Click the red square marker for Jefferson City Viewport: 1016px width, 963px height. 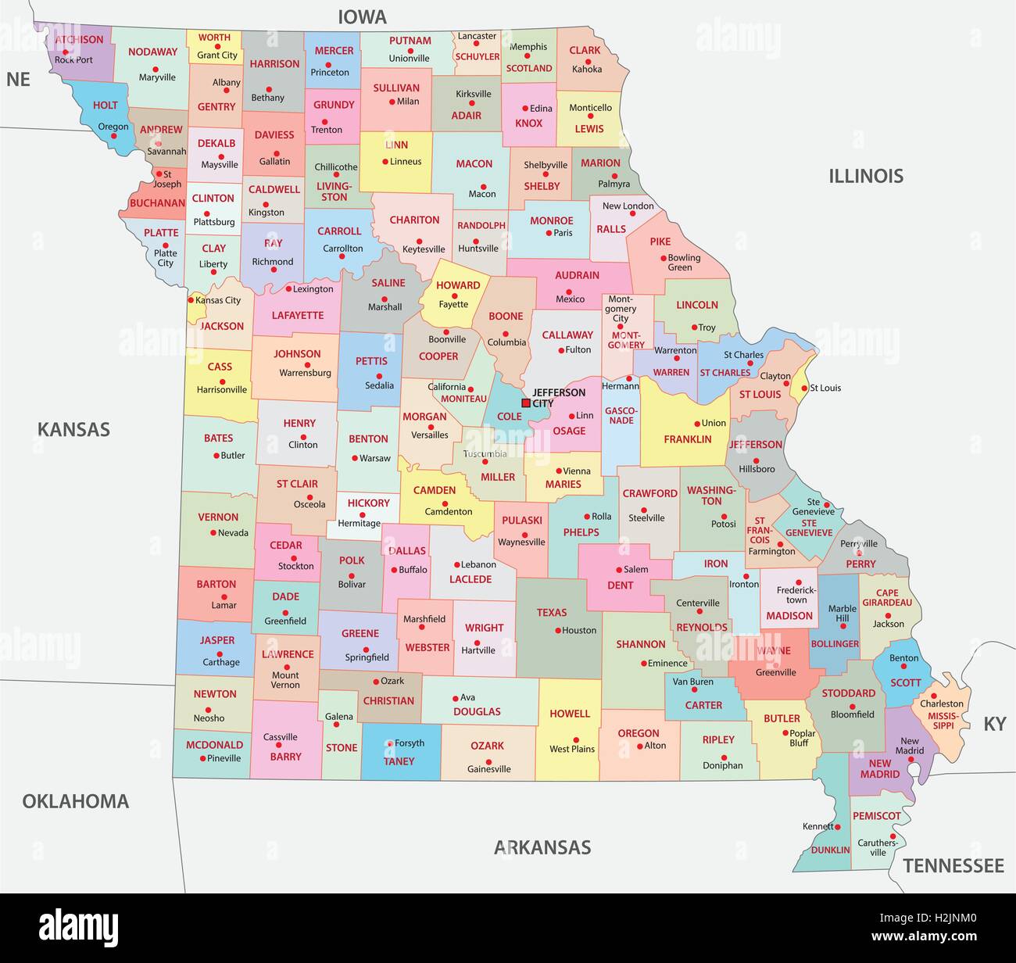[526, 403]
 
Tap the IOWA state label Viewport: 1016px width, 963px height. [362, 16]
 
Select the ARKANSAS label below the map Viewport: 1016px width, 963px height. [542, 847]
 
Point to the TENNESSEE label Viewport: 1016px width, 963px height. [953, 865]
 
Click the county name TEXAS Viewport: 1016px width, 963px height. [552, 612]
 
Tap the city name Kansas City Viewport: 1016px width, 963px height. [218, 300]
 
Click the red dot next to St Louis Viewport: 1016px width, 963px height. [804, 387]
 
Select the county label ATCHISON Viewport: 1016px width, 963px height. [79, 39]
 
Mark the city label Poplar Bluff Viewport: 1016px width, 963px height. [803, 738]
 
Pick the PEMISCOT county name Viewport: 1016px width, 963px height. [876, 815]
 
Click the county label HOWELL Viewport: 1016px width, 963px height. [570, 713]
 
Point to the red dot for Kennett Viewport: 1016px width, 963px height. [835, 826]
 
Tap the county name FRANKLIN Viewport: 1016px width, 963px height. [688, 439]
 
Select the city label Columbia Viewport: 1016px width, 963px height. [506, 342]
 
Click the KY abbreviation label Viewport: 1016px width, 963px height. [994, 724]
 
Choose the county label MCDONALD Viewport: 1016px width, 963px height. [214, 744]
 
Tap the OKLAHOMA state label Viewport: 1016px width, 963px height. [75, 800]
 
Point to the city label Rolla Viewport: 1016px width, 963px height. [601, 516]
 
